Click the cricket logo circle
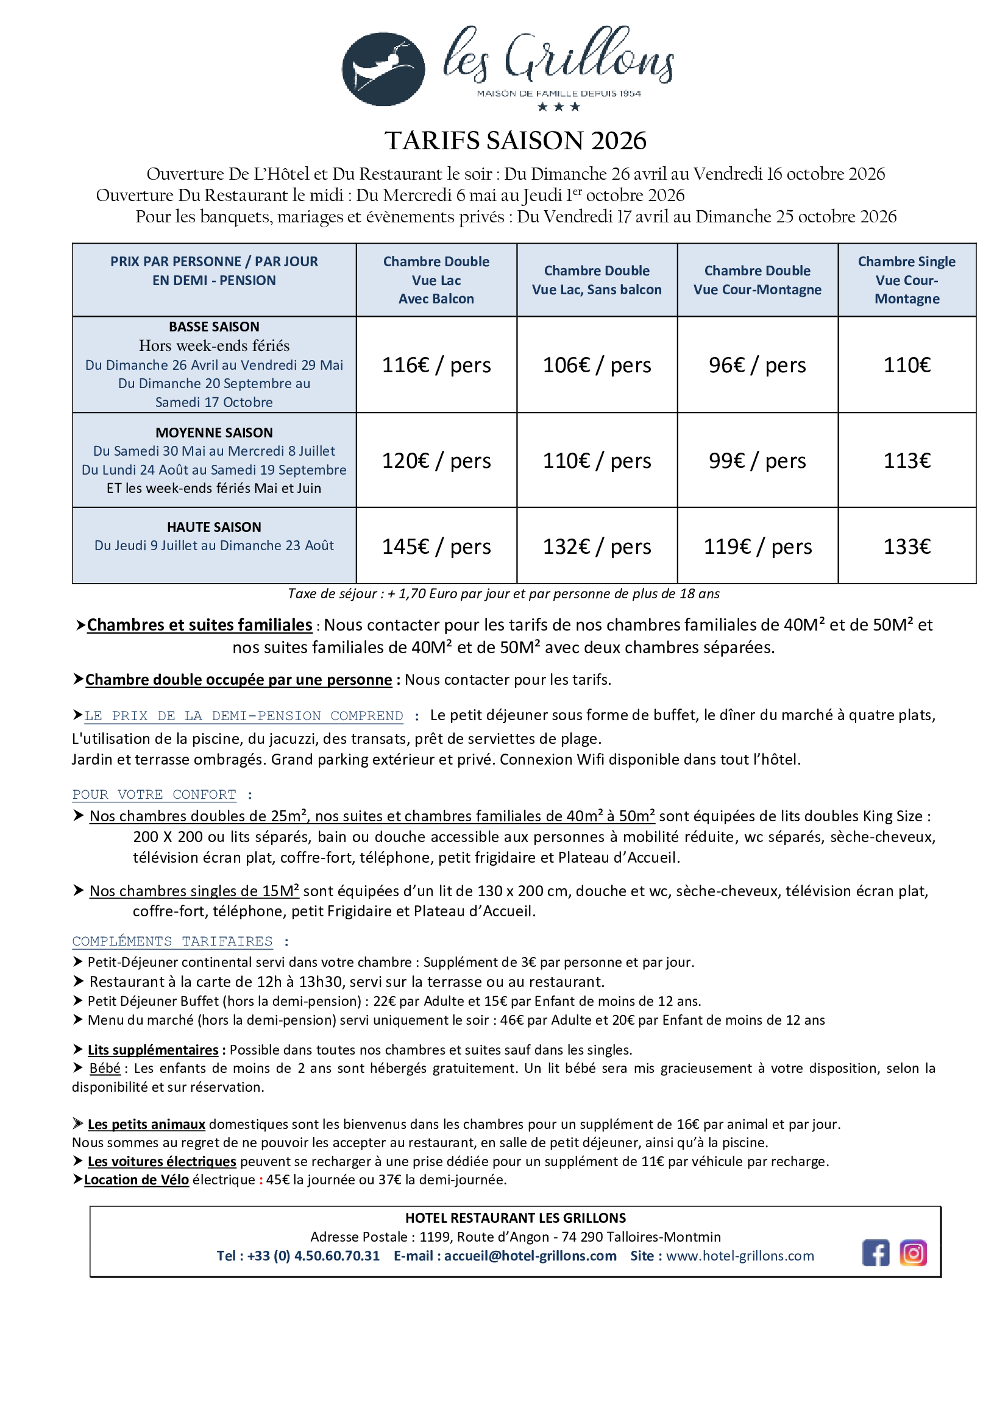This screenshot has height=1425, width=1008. (383, 69)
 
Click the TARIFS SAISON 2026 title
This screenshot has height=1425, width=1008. (515, 141)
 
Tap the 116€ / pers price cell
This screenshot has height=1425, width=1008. (436, 365)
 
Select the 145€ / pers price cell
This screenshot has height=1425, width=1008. (436, 546)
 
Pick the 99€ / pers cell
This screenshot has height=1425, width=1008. (757, 461)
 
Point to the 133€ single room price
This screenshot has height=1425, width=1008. (906, 546)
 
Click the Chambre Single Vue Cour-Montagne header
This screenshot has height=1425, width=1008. (906, 280)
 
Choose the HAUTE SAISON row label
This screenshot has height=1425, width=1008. (213, 527)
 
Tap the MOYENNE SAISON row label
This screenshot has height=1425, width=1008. (213, 433)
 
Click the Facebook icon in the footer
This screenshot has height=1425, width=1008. (875, 1253)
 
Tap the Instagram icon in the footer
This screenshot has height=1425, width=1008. (912, 1253)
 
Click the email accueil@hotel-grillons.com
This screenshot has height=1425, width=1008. (530, 1256)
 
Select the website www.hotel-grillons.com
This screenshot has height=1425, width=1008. (739, 1256)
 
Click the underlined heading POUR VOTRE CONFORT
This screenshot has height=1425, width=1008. (154, 794)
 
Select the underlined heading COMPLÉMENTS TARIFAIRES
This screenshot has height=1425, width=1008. (172, 941)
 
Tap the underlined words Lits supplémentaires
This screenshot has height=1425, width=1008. (153, 1050)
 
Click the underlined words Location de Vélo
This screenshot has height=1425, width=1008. (137, 1179)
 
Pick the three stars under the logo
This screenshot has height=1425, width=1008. (559, 107)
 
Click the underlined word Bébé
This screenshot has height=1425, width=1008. (105, 1068)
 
